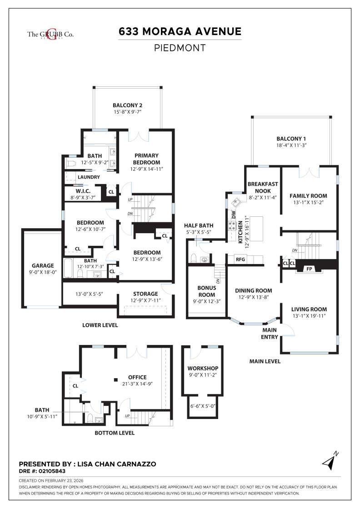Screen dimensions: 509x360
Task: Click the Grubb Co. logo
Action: pos(50,34)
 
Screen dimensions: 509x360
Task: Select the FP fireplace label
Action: pos(309,269)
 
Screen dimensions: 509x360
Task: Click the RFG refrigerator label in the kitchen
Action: pos(240,259)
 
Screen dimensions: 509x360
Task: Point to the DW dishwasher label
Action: pos(234,214)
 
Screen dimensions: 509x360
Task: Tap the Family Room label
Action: pos(308,196)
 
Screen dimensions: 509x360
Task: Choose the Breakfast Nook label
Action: pos(263,188)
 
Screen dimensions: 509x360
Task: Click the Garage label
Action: pos(43,266)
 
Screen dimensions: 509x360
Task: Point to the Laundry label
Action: pos(89,177)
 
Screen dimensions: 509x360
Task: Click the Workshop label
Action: pos(203,368)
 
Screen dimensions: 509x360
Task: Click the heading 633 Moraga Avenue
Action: pos(180,31)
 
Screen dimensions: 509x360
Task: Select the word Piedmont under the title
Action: pos(180,48)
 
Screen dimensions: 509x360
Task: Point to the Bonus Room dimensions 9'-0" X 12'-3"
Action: pos(206,301)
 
